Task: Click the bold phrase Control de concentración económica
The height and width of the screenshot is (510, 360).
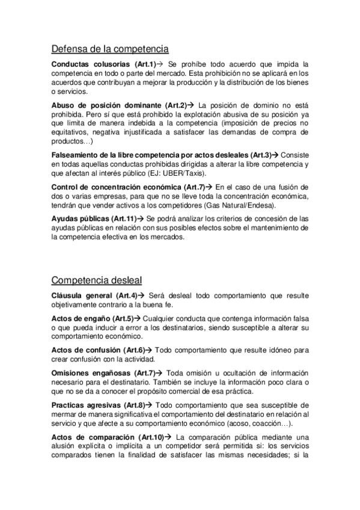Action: click(x=118, y=186)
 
